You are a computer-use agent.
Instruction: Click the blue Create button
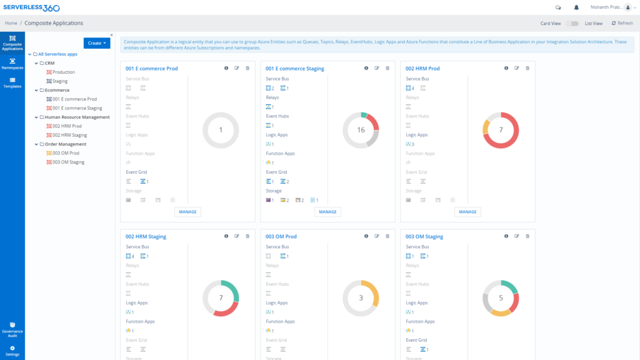click(97, 43)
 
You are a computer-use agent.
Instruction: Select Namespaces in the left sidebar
click(12, 64)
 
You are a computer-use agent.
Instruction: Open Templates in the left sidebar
click(12, 83)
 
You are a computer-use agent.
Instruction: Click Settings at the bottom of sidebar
click(12, 351)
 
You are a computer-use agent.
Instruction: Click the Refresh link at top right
click(622, 23)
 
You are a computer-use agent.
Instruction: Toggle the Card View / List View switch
click(572, 24)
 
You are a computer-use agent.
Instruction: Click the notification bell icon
click(576, 7)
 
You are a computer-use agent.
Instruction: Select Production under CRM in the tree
click(63, 72)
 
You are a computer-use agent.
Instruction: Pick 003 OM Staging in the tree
click(68, 162)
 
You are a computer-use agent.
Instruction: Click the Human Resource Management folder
click(77, 117)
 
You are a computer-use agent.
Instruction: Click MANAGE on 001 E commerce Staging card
click(327, 212)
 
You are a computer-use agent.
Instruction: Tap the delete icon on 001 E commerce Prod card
click(247, 68)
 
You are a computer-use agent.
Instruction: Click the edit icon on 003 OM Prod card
click(377, 236)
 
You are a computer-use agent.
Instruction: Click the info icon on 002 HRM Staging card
click(226, 236)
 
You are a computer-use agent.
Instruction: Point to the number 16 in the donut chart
click(361, 130)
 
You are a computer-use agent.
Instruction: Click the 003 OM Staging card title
click(424, 237)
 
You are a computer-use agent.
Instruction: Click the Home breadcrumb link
click(11, 23)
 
